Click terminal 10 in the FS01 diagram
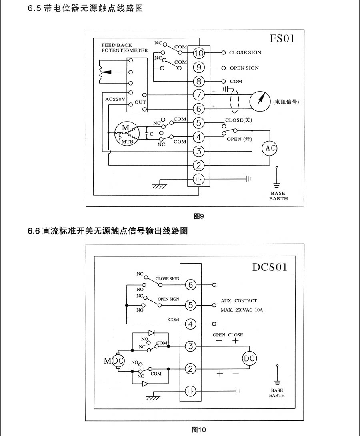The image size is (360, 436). pyautogui.click(x=199, y=53)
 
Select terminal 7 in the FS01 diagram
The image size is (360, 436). pyautogui.click(x=199, y=95)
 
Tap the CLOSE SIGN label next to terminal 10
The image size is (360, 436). pyautogui.click(x=245, y=52)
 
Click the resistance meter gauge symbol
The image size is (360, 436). pyautogui.click(x=260, y=100)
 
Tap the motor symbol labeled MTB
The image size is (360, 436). pyautogui.click(x=126, y=133)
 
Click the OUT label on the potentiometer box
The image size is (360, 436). pyautogui.click(x=140, y=102)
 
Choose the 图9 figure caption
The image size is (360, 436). pyautogui.click(x=199, y=216)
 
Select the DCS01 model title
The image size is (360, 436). pyautogui.click(x=270, y=267)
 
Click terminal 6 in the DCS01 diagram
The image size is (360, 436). pyautogui.click(x=191, y=285)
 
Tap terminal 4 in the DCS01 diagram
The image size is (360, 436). pyautogui.click(x=191, y=324)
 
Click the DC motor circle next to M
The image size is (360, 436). pyautogui.click(x=118, y=360)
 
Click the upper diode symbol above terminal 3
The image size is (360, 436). pyautogui.click(x=152, y=332)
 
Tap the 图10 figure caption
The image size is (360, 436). pyautogui.click(x=199, y=430)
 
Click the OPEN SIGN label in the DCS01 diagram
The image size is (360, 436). pyautogui.click(x=168, y=299)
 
